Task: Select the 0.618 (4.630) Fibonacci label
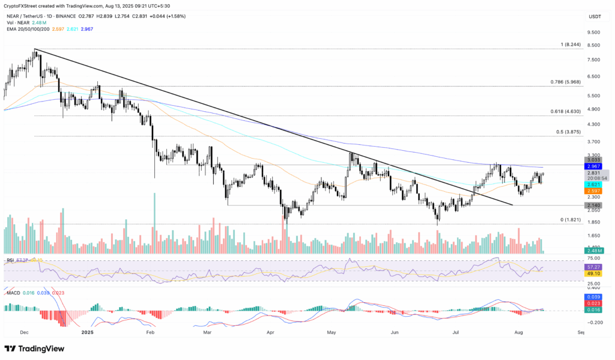(x=565, y=112)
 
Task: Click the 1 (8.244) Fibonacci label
(x=569, y=44)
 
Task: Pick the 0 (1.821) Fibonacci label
(x=571, y=220)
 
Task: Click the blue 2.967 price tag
(x=594, y=166)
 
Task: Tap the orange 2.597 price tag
(x=594, y=191)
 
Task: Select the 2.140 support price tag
(x=594, y=206)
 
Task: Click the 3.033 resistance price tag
(x=594, y=159)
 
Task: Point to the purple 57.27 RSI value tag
(x=594, y=266)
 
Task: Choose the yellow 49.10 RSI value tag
(x=594, y=273)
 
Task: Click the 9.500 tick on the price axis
(x=593, y=32)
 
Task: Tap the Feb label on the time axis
(x=151, y=331)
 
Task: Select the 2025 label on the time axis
(x=87, y=331)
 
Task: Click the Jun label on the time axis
(x=395, y=331)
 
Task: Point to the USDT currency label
(x=594, y=16)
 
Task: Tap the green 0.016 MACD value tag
(x=594, y=310)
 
